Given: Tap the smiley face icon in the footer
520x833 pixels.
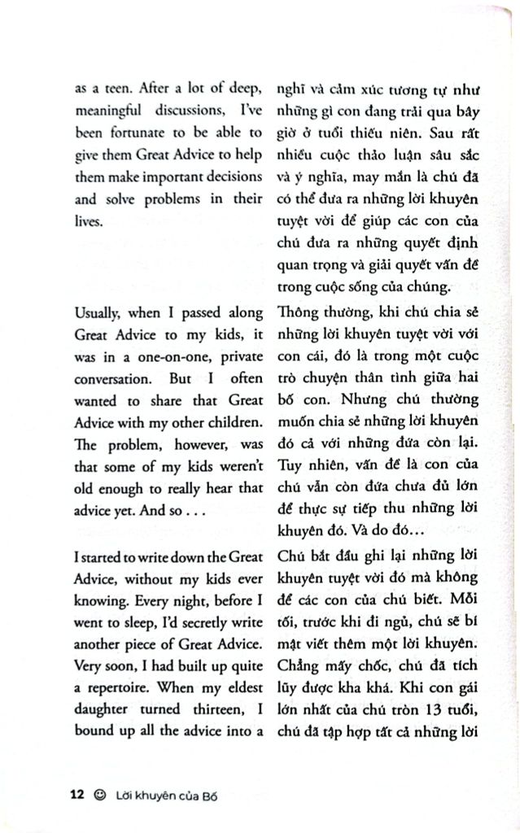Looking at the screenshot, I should point(100,793).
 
